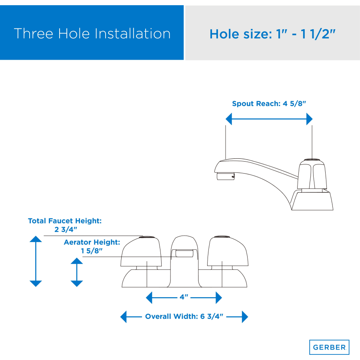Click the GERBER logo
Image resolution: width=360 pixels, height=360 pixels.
click(329, 347)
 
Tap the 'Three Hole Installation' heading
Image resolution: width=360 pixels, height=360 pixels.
click(92, 34)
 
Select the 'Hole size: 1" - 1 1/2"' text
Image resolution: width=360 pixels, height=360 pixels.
click(272, 34)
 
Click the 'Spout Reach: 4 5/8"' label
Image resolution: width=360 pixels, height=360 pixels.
click(269, 104)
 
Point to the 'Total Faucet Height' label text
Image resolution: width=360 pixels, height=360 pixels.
click(65, 221)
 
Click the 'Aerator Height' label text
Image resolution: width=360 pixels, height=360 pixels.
click(92, 242)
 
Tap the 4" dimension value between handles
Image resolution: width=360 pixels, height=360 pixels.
click(184, 297)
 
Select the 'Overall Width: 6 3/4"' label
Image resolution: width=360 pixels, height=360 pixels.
click(184, 316)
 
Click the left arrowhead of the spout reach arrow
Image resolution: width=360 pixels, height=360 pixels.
click(229, 119)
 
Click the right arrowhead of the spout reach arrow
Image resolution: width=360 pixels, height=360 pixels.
click(310, 119)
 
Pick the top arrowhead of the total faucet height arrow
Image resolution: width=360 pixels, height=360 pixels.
click(36, 239)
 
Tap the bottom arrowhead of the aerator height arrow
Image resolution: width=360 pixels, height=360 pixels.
click(77, 284)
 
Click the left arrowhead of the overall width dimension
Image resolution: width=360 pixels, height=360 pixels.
click(124, 317)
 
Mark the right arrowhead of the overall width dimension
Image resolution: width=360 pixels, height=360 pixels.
click(245, 317)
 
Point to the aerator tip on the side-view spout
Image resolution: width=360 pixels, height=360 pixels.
click(226, 176)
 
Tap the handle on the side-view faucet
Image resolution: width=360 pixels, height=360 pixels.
click(312, 174)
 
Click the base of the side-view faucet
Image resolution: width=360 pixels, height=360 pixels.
click(312, 200)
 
